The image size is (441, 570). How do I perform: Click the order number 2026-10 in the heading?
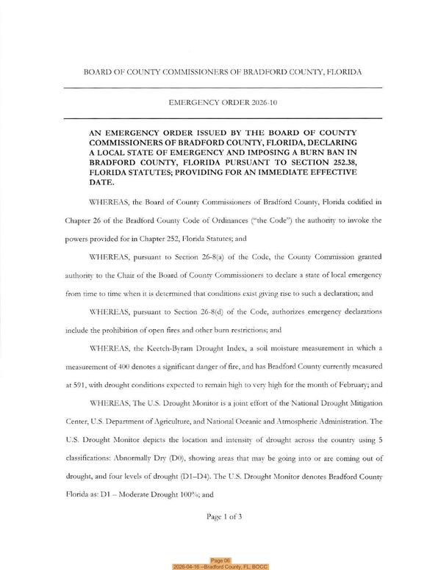point(256,104)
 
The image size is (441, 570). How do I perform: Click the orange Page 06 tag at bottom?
point(220,559)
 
